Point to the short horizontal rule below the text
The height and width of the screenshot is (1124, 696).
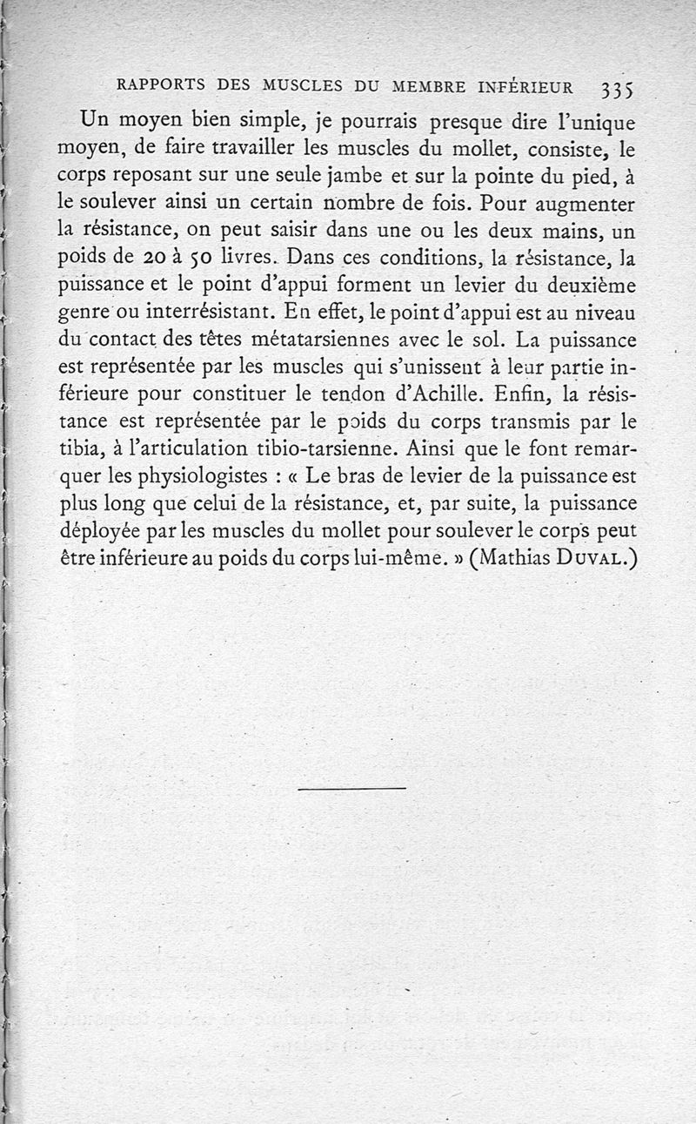click(x=351, y=789)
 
